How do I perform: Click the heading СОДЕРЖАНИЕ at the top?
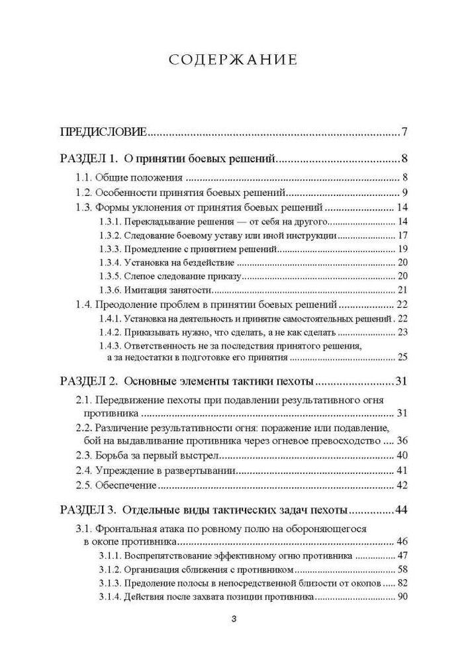point(234,60)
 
